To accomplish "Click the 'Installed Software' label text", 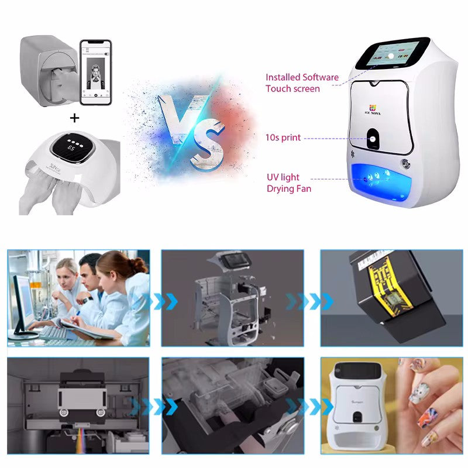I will coord(302,77).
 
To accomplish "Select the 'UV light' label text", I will coord(283,177).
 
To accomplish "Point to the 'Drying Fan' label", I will coord(289,189).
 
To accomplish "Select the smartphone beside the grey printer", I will coord(95,72).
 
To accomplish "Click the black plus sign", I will coord(74,118).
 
